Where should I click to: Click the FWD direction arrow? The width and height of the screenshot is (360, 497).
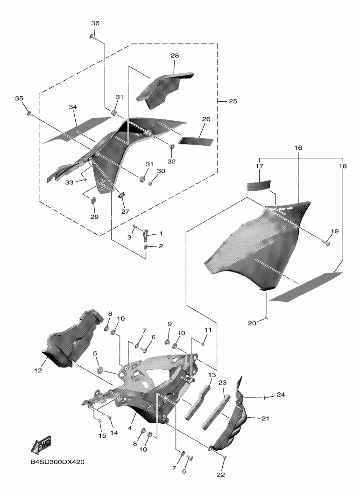pyautogui.click(x=41, y=445)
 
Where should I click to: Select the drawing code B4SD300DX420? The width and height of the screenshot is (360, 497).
pyautogui.click(x=57, y=462)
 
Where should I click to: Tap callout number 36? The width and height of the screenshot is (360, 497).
pyautogui.click(x=95, y=23)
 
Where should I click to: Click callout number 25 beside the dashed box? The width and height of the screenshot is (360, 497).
pyautogui.click(x=233, y=101)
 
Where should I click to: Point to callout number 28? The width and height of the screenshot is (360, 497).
pyautogui.click(x=175, y=56)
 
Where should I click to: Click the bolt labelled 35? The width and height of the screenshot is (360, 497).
pyautogui.click(x=30, y=113)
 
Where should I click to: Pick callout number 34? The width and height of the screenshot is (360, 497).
pyautogui.click(x=73, y=107)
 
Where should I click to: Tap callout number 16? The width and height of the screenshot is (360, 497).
pyautogui.click(x=298, y=148)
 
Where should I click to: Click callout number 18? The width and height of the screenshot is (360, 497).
pyautogui.click(x=343, y=166)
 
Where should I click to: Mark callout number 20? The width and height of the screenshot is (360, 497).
pyautogui.click(x=252, y=323)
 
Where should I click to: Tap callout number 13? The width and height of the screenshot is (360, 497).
pyautogui.click(x=212, y=375)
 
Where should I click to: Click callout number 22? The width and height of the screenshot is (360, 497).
pyautogui.click(x=221, y=475)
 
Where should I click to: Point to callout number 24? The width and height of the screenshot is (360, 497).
pyautogui.click(x=281, y=395)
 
